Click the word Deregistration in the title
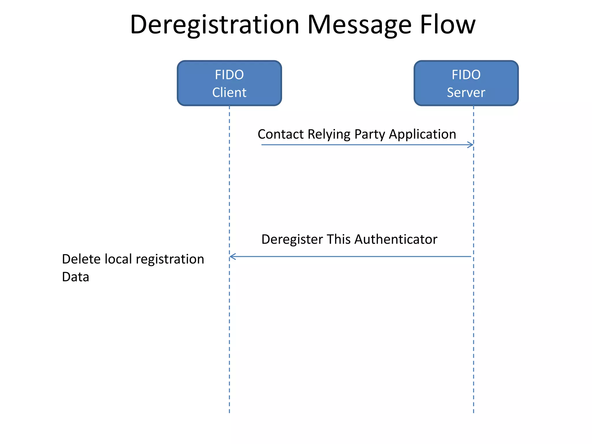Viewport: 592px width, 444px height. [x=214, y=25]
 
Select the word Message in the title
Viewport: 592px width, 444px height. [x=359, y=25]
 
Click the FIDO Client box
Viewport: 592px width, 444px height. [x=229, y=83]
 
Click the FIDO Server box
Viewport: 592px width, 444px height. [x=466, y=83]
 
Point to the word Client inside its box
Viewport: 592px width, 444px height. [x=229, y=92]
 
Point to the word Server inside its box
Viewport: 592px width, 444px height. [x=466, y=92]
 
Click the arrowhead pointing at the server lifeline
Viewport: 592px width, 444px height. [x=471, y=145]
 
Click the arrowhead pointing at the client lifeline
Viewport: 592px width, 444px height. [x=232, y=256]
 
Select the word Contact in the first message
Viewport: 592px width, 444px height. [x=281, y=134]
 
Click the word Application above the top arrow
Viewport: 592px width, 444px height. [x=422, y=135]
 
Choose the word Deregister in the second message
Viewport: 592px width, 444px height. [x=292, y=240]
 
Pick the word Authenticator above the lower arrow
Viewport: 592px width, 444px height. [x=396, y=239]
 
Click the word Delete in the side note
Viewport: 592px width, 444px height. [x=81, y=259]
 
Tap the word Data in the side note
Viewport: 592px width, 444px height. [x=75, y=277]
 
